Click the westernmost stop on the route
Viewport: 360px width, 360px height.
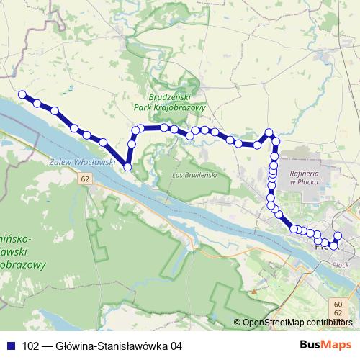click(x=22, y=94)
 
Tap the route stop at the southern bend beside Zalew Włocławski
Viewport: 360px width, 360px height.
click(x=127, y=167)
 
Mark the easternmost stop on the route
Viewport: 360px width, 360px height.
click(x=338, y=236)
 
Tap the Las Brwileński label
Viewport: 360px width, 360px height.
click(x=191, y=174)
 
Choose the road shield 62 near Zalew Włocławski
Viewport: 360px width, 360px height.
click(x=86, y=178)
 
